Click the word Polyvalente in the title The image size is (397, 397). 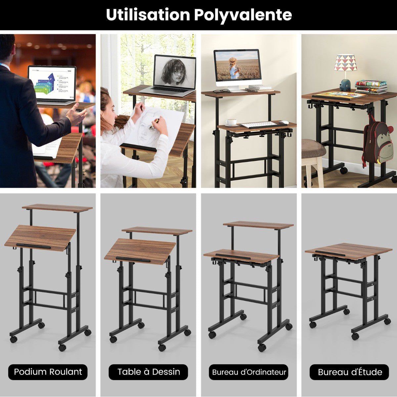(243, 15)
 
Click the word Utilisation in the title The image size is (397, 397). (148, 15)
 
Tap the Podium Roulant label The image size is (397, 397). (48, 372)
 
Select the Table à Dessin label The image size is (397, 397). (148, 372)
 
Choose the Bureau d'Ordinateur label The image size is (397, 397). (249, 372)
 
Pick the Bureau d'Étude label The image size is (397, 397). (349, 372)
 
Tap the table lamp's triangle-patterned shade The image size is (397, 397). (345, 63)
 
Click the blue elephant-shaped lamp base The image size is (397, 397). (345, 85)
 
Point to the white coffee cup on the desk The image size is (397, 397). (231, 122)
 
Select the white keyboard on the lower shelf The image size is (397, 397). (258, 124)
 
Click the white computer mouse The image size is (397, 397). (284, 122)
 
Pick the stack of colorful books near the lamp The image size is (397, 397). (371, 87)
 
